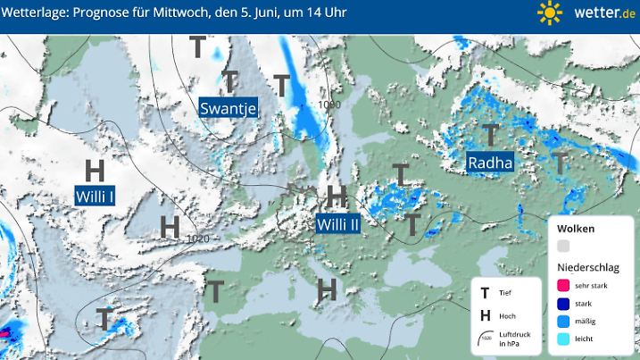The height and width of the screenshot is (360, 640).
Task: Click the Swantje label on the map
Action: coord(229,108)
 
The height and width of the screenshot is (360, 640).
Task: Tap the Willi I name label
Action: coord(94,195)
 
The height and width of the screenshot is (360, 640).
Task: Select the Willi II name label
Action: coord(338,224)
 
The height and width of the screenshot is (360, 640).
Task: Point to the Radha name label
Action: coord(490,163)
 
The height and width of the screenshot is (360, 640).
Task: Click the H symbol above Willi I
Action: coord(95,170)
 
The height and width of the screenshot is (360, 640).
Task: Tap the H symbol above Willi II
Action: coord(337,196)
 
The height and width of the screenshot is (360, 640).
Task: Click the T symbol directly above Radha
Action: coord(490,134)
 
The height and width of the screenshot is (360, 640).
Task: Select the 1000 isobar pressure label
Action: coord(329,105)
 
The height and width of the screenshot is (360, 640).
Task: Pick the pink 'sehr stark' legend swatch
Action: coord(563,286)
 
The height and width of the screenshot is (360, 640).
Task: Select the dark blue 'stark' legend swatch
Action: coord(563,303)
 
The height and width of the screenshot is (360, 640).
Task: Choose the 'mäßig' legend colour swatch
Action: coord(563,321)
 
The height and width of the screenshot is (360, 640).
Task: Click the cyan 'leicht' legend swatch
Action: coord(563,339)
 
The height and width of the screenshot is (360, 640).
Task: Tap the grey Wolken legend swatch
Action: coord(563,246)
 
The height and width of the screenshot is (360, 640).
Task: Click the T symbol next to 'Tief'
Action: coord(485,293)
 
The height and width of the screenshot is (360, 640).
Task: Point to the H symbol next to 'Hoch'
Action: coord(485,315)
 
